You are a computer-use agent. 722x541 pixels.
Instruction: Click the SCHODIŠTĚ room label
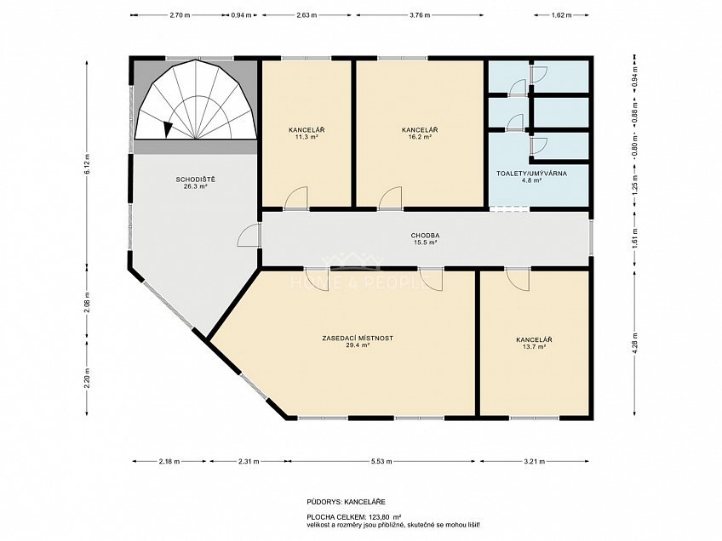(x=195, y=179)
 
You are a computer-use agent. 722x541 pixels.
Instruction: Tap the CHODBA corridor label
(x=424, y=236)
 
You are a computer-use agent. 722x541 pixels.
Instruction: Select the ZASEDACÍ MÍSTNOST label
(x=358, y=339)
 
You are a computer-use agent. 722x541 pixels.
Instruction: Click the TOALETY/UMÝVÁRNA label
(x=531, y=174)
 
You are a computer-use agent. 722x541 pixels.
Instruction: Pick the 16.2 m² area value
(x=420, y=137)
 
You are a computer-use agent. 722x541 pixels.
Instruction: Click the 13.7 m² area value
(x=534, y=347)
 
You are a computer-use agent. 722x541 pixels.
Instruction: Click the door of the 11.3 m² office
(x=296, y=198)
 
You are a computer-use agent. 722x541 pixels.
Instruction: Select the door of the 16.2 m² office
(x=391, y=198)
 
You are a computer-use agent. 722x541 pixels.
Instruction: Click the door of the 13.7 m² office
(x=517, y=279)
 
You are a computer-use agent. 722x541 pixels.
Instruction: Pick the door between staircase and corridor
(x=249, y=236)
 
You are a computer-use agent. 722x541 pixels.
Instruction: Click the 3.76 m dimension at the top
(x=420, y=14)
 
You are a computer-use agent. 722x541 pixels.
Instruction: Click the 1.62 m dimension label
(x=561, y=14)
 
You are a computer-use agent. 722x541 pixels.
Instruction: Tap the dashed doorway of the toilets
(x=509, y=209)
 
